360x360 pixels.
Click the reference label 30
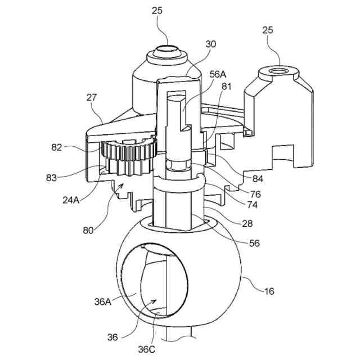coord(210,44)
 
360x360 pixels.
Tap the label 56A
coord(218,74)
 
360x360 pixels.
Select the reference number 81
coord(226,87)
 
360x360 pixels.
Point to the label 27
coord(92,97)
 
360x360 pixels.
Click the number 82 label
coord(56,147)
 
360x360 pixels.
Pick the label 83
coord(51,178)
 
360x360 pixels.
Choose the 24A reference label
coord(71,200)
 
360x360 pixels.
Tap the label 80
coord(88,230)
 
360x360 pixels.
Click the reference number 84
coord(258,179)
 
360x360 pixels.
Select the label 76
coord(255,194)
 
